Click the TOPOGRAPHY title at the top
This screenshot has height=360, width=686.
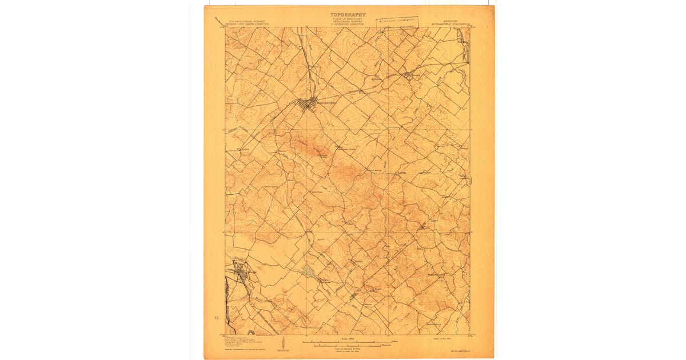348,15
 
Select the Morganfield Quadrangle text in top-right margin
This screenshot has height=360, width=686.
449,25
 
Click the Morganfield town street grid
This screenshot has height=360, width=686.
308,104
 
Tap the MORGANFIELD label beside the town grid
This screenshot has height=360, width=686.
326,103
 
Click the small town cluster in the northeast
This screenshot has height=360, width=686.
407,74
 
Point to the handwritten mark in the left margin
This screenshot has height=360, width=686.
216,316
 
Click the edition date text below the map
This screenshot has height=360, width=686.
438,338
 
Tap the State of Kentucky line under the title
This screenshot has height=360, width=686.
348,19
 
